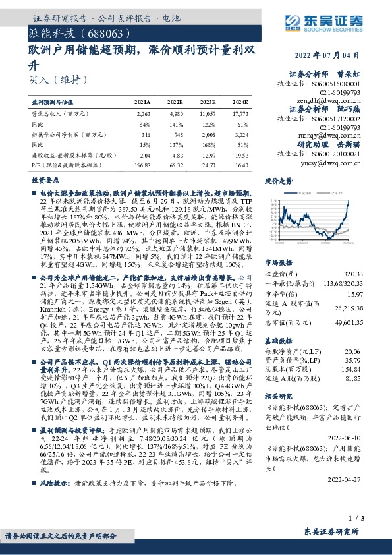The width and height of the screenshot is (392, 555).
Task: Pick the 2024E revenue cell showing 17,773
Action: pos(239,113)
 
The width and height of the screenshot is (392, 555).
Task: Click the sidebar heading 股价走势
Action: pos(277,180)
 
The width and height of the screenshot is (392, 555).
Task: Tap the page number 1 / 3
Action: pos(354,521)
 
